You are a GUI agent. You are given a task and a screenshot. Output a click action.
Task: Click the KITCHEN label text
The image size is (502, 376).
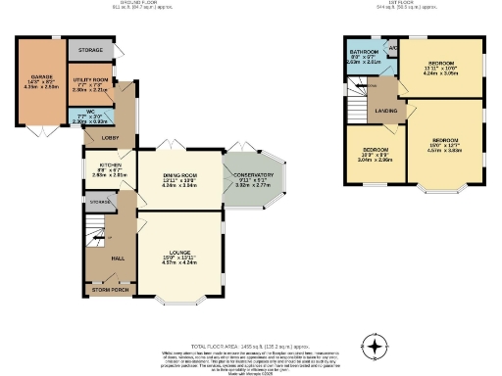110,165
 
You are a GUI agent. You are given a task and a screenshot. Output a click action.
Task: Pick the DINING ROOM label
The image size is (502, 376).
180,174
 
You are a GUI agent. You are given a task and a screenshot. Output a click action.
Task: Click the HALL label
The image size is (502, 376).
117,257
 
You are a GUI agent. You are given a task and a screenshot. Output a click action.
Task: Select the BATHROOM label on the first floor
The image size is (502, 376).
365,51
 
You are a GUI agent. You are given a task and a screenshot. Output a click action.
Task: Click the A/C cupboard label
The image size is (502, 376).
393,47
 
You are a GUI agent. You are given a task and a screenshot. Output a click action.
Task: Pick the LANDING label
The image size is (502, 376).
386,111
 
